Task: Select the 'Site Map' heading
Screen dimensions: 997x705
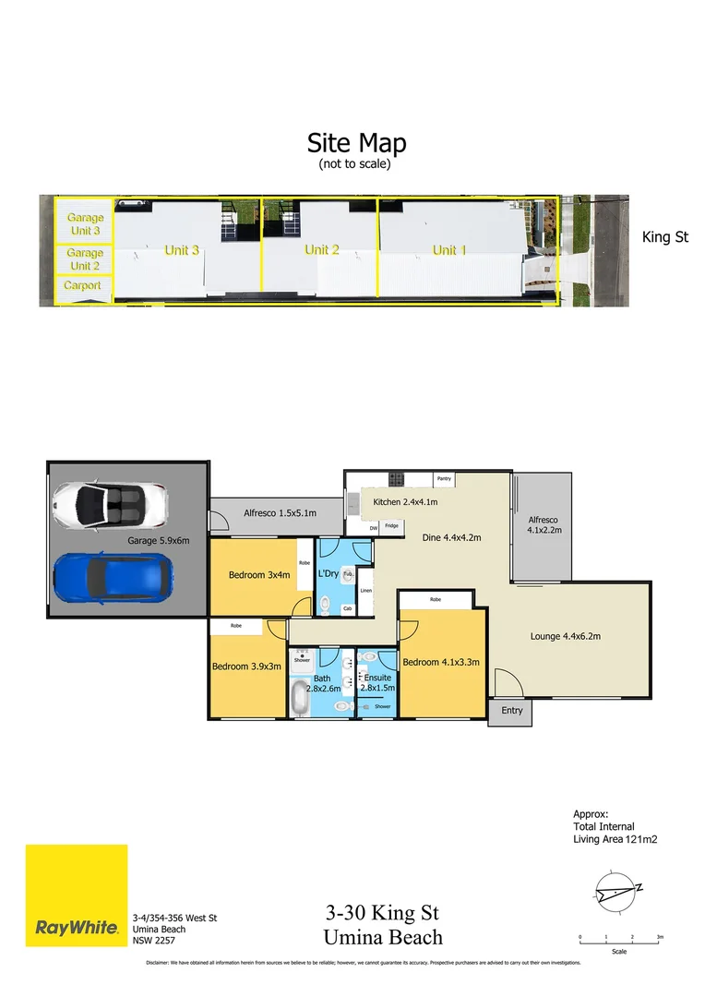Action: tap(356, 143)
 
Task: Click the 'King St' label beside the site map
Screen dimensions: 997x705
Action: tap(664, 237)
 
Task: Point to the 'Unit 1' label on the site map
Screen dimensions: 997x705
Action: tap(449, 250)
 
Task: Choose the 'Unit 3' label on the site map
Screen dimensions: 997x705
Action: tap(182, 250)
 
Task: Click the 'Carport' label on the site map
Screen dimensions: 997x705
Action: tap(83, 286)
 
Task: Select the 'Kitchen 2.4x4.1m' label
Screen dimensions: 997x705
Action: tap(404, 502)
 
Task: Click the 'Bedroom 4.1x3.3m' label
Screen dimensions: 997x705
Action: tap(441, 662)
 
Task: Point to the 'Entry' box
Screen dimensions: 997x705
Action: tap(512, 710)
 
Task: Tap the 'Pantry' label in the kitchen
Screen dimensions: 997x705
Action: tap(444, 479)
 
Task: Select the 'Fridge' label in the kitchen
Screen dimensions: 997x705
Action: tap(391, 526)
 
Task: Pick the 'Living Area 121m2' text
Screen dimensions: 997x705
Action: tap(615, 839)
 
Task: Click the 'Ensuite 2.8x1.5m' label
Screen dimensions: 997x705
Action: tap(377, 682)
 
